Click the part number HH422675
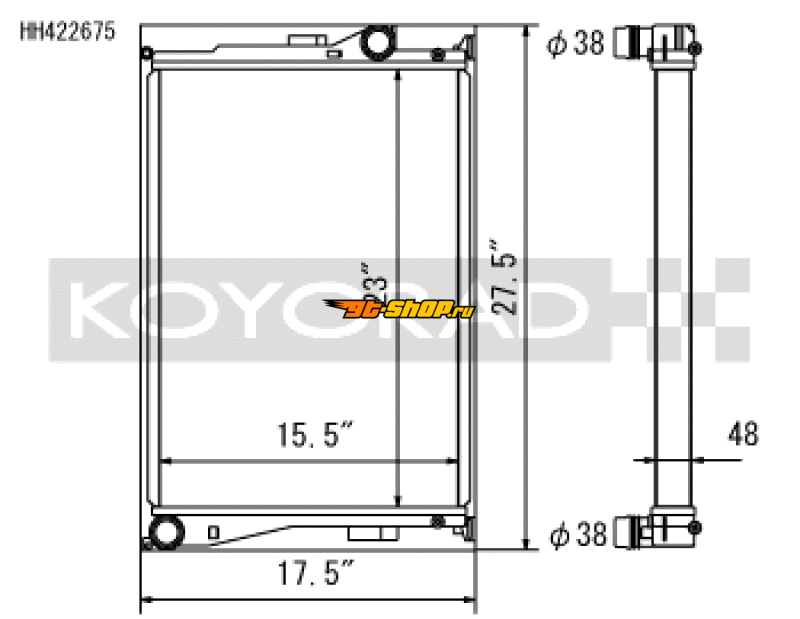(68, 32)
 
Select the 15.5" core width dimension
(315, 436)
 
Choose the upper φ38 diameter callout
(576, 43)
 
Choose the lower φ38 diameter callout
(576, 535)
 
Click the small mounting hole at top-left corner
(148, 53)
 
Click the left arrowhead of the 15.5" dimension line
(165, 461)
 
